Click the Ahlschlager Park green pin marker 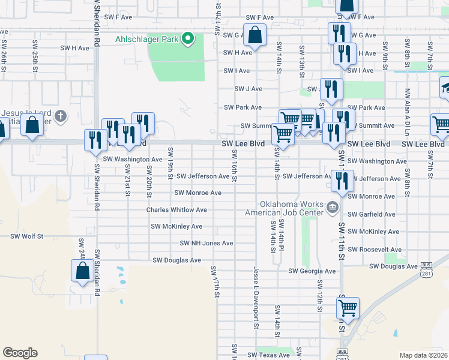[x=188, y=40]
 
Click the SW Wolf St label [x=27, y=236]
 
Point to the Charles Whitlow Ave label [x=176, y=210]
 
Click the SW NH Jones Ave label [x=206, y=243]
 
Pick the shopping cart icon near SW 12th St [x=348, y=308]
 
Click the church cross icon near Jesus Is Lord [x=59, y=115]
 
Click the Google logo [x=20, y=353]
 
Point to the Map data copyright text [x=423, y=355]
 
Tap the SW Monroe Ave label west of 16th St [x=198, y=193]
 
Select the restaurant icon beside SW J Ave [x=331, y=89]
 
